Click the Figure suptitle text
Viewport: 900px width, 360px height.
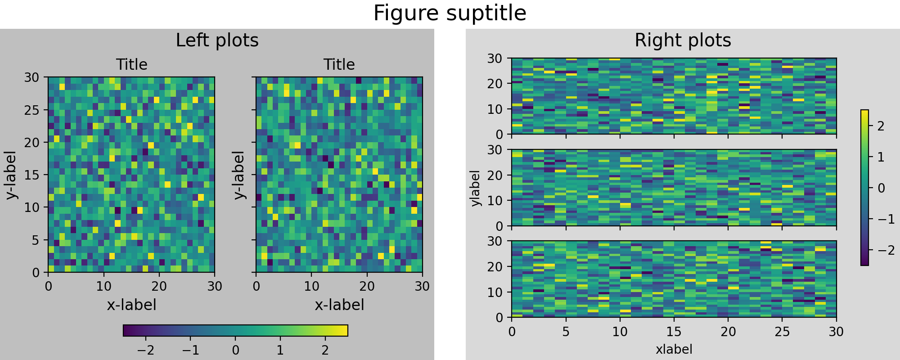tap(450, 13)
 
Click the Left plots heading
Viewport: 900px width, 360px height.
tap(217, 40)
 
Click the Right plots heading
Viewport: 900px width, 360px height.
tap(683, 40)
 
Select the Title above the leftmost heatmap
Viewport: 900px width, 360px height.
tap(131, 65)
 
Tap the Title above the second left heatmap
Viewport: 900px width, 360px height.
tap(339, 65)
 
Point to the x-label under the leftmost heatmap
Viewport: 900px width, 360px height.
tap(131, 305)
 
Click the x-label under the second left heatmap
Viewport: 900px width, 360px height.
tap(339, 305)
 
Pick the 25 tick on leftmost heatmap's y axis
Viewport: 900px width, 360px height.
tap(31, 110)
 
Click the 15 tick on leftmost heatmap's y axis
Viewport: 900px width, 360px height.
tap(31, 175)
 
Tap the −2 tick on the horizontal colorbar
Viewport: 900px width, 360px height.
tap(145, 351)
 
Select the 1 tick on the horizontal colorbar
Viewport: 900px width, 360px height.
tap(280, 351)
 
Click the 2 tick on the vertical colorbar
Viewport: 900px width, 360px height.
tap(881, 126)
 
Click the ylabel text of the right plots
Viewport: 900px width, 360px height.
tap(475, 188)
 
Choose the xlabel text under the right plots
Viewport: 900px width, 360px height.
tap(674, 349)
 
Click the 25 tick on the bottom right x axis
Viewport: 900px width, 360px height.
tap(782, 332)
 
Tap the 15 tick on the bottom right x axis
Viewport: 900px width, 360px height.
tap(674, 332)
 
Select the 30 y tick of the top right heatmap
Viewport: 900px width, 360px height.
tap(495, 58)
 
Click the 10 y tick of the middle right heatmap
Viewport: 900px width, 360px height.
tap(495, 201)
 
